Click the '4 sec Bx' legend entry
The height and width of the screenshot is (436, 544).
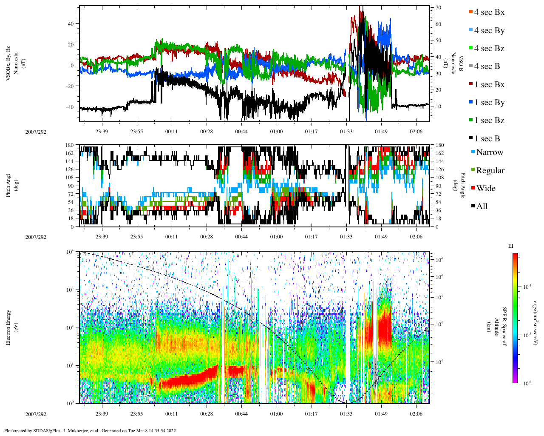click(489, 12)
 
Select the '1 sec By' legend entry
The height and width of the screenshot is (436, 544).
click(489, 103)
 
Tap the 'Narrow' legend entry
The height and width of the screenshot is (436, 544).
click(489, 152)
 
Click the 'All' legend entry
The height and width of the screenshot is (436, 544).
click(482, 207)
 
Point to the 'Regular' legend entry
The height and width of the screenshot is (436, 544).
click(490, 171)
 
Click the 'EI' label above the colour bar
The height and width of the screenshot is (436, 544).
click(511, 246)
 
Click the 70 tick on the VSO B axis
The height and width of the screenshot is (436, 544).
click(438, 8)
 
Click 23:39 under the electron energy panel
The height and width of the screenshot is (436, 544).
click(102, 414)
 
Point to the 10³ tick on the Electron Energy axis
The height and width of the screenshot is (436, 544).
click(70, 290)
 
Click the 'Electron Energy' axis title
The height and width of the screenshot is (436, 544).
click(8, 327)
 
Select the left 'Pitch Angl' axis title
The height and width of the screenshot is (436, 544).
click(8, 185)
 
